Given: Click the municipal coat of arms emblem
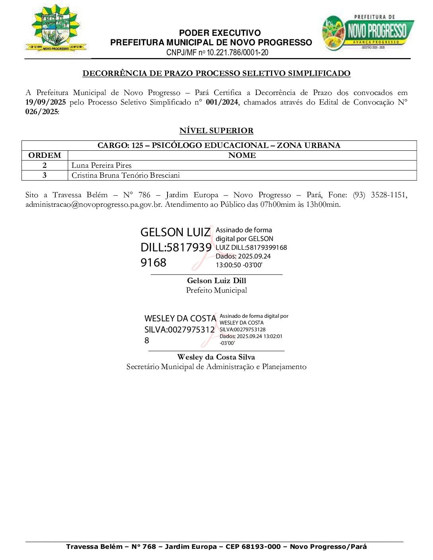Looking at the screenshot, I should (56, 29).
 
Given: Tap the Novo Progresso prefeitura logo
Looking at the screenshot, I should (367, 33).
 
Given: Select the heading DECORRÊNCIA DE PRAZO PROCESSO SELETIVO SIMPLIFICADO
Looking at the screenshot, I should (216, 73).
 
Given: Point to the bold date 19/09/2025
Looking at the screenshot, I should (45, 102).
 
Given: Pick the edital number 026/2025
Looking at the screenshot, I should (42, 112).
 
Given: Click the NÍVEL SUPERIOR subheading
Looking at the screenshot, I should (216, 130).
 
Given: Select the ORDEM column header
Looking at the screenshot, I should (45, 156).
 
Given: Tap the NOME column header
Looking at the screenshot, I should (242, 156).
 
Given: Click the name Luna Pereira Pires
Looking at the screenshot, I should (101, 165).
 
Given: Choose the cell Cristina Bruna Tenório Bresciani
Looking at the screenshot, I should (126, 175).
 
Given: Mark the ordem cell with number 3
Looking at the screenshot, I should (45, 175).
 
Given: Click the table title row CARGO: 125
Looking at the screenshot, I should (219, 145).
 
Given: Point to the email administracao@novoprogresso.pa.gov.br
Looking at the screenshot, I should (94, 204).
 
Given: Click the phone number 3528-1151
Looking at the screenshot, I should (388, 195).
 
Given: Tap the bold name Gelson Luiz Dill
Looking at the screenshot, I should (216, 281).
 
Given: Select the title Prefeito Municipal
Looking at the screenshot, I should (216, 290).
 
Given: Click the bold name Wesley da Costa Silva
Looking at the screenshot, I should (216, 357).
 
